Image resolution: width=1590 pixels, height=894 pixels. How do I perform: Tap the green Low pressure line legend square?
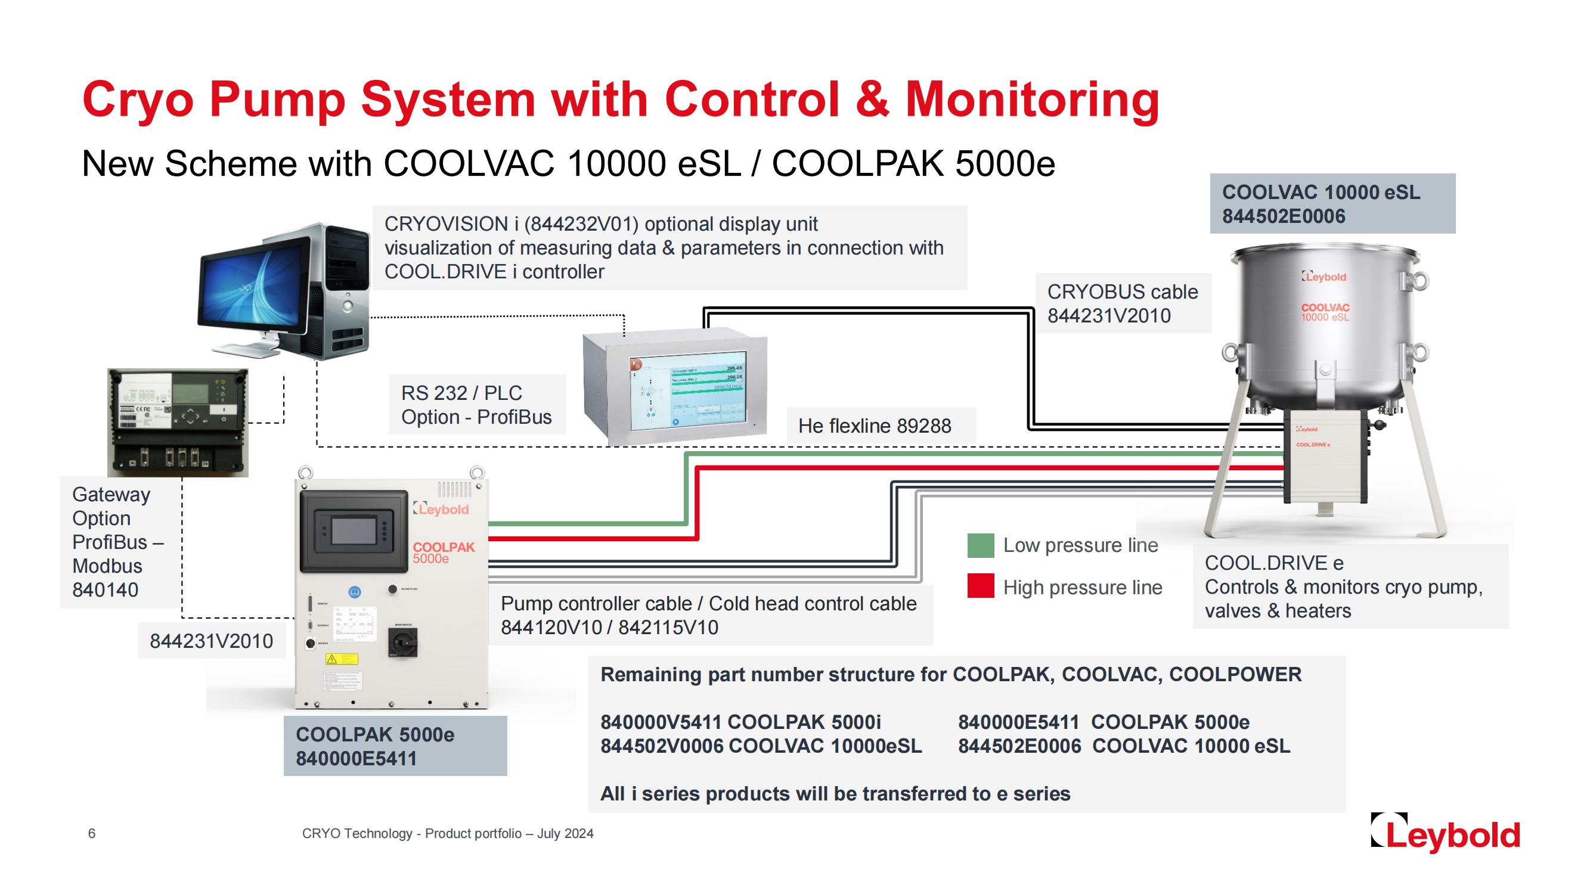(x=981, y=545)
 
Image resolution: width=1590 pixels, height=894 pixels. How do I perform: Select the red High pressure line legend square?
(x=981, y=586)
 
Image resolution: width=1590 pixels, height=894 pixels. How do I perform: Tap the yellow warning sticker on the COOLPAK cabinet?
(x=342, y=659)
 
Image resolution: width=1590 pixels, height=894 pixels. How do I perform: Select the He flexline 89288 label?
(x=874, y=426)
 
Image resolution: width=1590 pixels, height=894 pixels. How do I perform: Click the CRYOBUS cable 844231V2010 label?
(x=1122, y=303)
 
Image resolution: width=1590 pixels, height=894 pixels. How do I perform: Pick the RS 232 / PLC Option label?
(x=476, y=405)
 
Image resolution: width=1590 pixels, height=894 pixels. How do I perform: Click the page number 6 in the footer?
(x=92, y=834)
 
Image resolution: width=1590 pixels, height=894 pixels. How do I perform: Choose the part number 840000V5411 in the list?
(x=661, y=722)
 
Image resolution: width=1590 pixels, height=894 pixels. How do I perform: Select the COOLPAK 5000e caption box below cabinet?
(x=395, y=746)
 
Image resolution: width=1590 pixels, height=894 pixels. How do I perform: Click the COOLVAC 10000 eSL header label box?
(x=1332, y=204)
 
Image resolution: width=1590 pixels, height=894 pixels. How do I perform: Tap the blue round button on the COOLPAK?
(x=355, y=592)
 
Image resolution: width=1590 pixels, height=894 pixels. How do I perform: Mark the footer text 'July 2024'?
(x=565, y=834)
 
